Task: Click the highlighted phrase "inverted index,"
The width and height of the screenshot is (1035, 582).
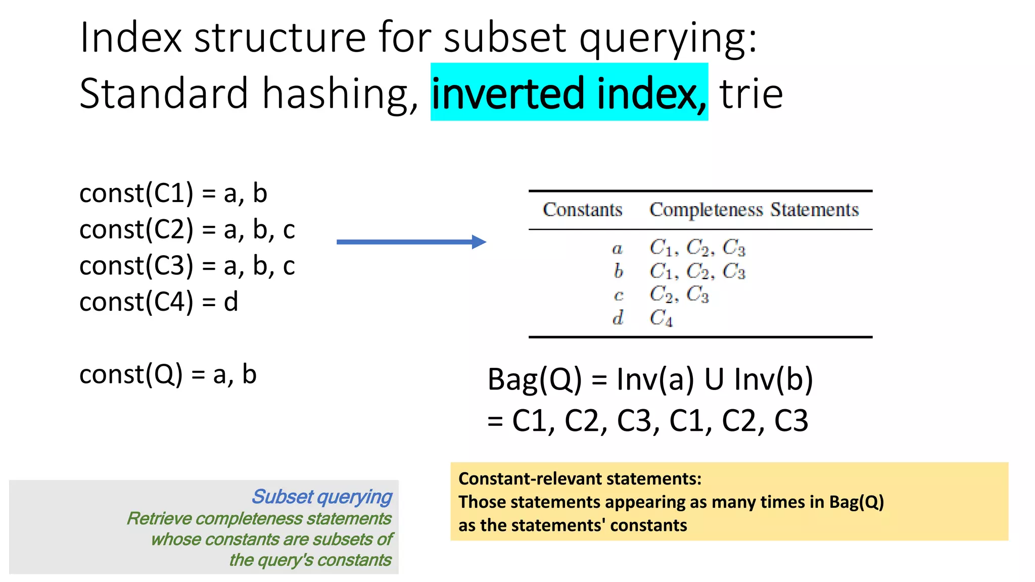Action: pos(569,93)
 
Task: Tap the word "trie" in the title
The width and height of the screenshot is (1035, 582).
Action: pos(751,94)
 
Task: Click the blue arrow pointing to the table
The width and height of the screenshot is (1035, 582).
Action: pos(411,242)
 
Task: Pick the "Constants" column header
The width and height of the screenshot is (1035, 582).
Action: pos(582,210)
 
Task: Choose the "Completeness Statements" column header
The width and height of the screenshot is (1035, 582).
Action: pos(754,210)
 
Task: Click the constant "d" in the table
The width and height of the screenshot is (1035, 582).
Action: pos(618,318)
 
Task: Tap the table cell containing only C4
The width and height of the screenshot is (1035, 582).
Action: pos(661,318)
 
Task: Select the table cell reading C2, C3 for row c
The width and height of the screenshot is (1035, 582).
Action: pos(679,294)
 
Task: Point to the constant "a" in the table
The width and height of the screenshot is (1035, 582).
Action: pos(617,249)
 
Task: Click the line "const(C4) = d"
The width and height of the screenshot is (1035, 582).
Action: pos(159,302)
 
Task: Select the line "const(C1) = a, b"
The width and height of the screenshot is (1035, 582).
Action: pos(173,193)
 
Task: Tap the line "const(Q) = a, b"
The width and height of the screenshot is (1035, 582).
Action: pos(168,374)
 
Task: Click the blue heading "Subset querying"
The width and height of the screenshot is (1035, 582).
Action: pos(322,497)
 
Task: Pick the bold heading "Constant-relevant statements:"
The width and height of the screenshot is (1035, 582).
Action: pos(580,478)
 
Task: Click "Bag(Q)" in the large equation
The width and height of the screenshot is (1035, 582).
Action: pos(535,379)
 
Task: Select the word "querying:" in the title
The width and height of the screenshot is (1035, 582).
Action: pos(668,38)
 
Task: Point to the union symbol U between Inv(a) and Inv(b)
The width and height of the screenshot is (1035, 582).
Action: pos(714,379)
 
